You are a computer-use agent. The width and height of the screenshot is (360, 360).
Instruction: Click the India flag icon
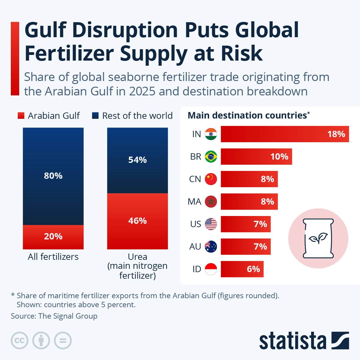tap(211, 134)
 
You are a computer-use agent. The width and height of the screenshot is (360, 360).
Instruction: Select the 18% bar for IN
tap(285, 134)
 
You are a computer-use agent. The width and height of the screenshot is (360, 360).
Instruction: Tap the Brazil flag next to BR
tap(211, 157)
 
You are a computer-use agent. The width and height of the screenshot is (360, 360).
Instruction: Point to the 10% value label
tap(279, 157)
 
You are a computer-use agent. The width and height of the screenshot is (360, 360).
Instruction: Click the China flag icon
tap(211, 179)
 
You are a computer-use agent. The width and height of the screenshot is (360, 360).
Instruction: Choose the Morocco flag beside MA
tap(211, 202)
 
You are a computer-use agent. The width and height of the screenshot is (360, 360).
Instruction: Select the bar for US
tap(245, 224)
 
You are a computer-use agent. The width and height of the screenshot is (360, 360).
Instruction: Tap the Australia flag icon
tap(211, 247)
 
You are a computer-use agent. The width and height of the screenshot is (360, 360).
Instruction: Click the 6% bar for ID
tap(242, 269)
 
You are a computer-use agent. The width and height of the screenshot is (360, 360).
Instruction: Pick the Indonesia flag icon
tap(211, 269)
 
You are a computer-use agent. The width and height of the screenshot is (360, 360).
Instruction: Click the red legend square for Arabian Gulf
tap(21, 115)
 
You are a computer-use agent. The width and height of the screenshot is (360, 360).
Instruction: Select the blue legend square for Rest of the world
tap(95, 115)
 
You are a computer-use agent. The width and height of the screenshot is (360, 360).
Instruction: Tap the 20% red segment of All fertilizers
tap(53, 237)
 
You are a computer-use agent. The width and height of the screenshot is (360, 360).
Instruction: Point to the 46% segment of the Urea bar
tap(137, 221)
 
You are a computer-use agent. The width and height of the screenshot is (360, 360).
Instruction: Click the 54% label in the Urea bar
tap(137, 160)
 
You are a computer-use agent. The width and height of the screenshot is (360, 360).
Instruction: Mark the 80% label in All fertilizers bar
tap(53, 176)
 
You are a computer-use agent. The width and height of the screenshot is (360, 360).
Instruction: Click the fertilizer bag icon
tap(318, 238)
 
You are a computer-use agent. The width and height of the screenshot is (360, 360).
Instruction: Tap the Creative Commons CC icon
tap(19, 340)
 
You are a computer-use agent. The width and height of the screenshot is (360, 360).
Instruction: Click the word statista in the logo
tap(292, 341)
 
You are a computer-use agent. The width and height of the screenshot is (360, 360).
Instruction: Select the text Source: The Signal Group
tap(54, 316)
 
